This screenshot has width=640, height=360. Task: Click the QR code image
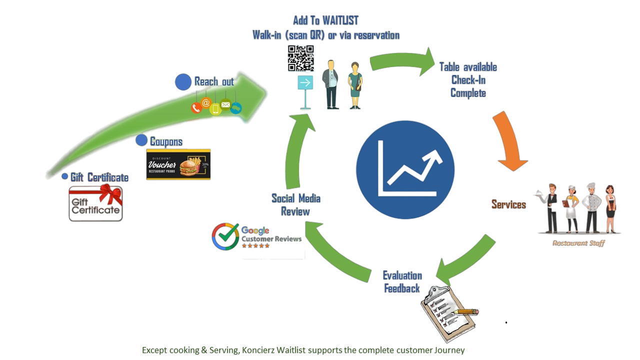[300, 58]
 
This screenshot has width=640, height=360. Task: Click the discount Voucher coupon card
[178, 164]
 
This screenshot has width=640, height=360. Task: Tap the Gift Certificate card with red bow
[96, 202]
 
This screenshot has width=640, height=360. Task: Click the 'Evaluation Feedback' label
[402, 281]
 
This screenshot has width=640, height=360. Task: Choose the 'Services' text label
[508, 204]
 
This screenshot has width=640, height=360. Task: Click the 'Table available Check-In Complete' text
[468, 80]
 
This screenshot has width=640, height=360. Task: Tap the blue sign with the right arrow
[305, 83]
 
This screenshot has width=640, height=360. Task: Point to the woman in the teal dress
[355, 85]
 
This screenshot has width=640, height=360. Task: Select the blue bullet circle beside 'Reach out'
[183, 82]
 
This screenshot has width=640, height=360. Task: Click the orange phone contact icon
[196, 107]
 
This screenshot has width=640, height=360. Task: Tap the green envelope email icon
[225, 105]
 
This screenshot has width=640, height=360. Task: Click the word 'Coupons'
[166, 141]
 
